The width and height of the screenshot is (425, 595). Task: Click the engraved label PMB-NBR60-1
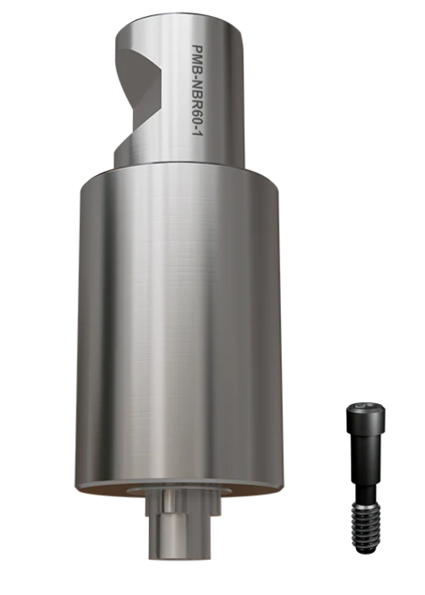(x=197, y=92)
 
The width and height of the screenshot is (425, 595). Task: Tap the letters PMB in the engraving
(x=197, y=56)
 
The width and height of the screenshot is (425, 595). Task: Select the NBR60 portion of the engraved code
(x=197, y=100)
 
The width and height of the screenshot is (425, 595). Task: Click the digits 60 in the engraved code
(x=197, y=117)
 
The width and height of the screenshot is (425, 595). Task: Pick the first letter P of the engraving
(x=197, y=48)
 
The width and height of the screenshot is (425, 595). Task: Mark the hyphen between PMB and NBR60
(x=197, y=72)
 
